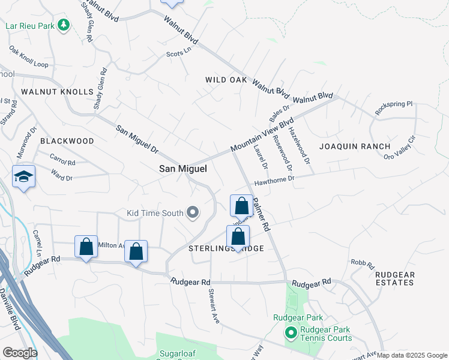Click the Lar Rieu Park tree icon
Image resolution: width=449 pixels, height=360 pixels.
pos(63,25)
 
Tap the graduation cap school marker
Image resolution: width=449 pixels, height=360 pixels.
pos(23,176)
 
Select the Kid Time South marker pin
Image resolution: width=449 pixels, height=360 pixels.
pos(193,212)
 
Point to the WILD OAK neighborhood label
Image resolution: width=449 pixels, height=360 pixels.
pos(226,80)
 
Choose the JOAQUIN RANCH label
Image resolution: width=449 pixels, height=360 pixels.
pos(354,146)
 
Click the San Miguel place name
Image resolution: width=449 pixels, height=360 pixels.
pos(182,169)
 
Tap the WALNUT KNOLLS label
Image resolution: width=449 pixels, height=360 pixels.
pos(58,92)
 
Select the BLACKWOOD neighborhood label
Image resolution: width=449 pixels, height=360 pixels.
pos(67,141)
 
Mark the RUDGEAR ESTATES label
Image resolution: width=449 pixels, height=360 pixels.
pos(394,278)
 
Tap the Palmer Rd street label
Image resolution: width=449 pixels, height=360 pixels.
pos(262,215)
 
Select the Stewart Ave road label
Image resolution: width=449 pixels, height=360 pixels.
pos(212,306)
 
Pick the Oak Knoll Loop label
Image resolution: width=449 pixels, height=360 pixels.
pos(28,57)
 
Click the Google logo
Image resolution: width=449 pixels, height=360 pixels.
pos(20,353)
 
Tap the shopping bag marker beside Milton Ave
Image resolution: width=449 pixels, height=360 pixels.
pos(86,247)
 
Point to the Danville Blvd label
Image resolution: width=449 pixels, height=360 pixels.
pos(10,308)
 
